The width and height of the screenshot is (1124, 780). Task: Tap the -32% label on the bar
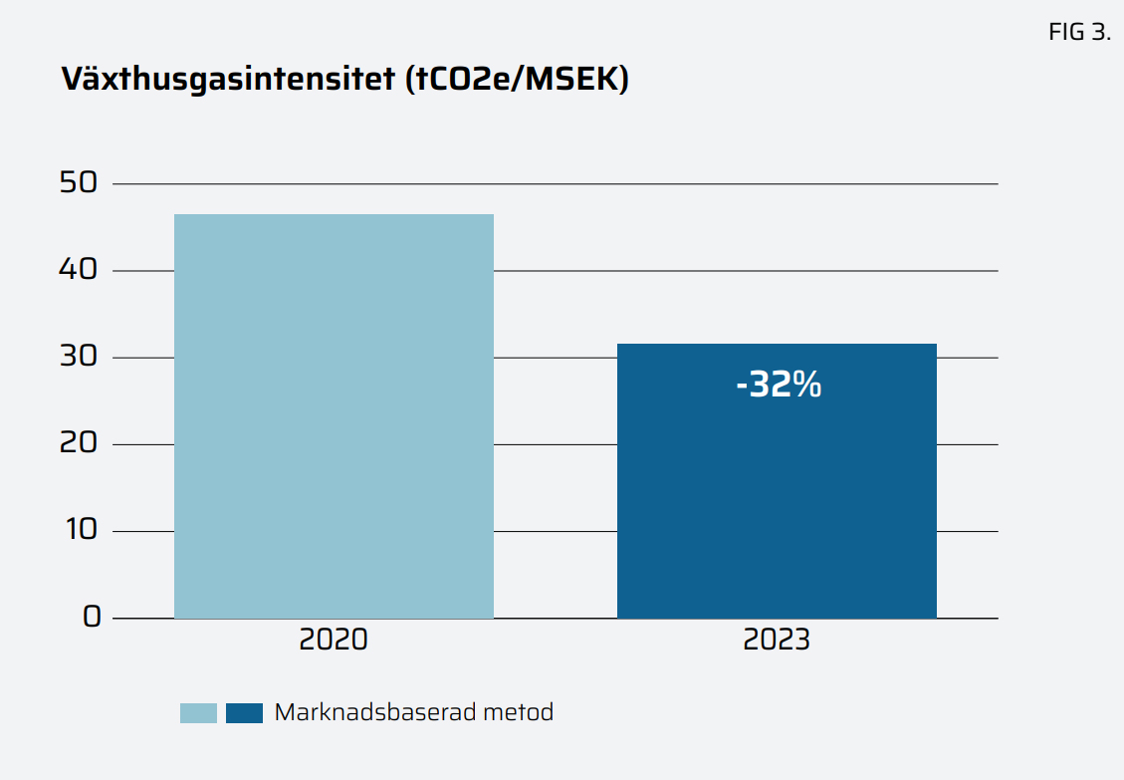pyautogui.click(x=779, y=385)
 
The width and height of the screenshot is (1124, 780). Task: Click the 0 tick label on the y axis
pyautogui.click(x=92, y=617)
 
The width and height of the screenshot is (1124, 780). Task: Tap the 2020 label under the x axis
pyautogui.click(x=334, y=640)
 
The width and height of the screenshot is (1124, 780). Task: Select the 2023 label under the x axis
pyautogui.click(x=777, y=640)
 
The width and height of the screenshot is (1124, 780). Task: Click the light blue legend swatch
pyautogui.click(x=198, y=713)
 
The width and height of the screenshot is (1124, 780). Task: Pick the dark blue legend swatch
pyautogui.click(x=244, y=713)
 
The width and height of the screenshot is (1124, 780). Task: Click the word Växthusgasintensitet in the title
pyautogui.click(x=228, y=80)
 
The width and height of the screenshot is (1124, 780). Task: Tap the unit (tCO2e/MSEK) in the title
pyautogui.click(x=517, y=80)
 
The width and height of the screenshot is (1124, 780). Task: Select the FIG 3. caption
pyautogui.click(x=1079, y=32)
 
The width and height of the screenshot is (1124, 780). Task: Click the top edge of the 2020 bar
pyautogui.click(x=334, y=215)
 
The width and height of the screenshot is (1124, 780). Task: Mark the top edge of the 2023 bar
pyautogui.click(x=777, y=345)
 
